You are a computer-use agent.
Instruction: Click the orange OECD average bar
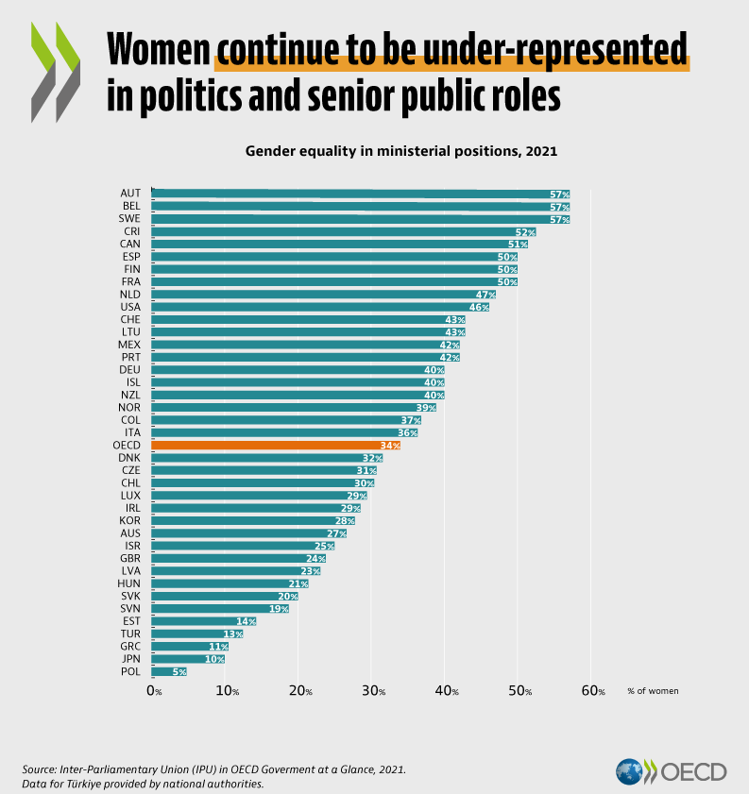(x=276, y=445)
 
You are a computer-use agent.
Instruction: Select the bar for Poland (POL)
(x=169, y=671)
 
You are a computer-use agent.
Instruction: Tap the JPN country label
(x=131, y=659)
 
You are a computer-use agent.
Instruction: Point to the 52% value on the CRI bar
(x=525, y=231)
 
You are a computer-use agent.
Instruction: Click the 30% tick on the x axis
(x=373, y=691)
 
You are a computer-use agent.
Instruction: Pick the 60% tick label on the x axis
(x=593, y=691)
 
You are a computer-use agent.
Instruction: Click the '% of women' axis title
(x=653, y=691)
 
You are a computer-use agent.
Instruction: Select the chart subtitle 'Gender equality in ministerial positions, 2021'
(x=401, y=150)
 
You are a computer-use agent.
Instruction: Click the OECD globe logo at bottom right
(x=629, y=771)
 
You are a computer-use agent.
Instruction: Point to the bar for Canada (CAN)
(x=339, y=244)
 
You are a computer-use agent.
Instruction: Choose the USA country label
(x=130, y=307)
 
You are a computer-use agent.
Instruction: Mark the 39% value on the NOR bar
(x=425, y=407)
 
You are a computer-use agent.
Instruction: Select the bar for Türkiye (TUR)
(x=197, y=634)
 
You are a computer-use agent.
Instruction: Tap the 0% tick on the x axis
(x=154, y=691)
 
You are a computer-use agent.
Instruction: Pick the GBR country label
(x=131, y=558)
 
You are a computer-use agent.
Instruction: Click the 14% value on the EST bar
(x=246, y=621)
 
